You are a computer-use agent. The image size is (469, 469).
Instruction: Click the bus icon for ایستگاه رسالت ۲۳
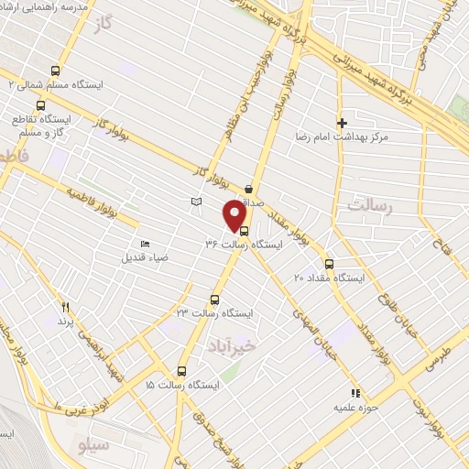point(215,299)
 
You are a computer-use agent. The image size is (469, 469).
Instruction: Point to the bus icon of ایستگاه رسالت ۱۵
point(181,372)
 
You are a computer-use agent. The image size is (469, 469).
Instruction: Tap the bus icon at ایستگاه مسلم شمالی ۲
point(55,71)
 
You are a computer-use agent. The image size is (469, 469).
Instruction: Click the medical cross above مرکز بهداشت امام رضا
point(343,123)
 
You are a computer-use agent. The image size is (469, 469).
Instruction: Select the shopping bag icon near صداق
point(249,190)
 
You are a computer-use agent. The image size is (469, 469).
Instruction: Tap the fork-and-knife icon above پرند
point(65,307)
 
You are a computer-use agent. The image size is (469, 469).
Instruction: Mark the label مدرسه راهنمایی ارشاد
point(77,6)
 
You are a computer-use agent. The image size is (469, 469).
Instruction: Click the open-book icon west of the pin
point(195,201)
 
